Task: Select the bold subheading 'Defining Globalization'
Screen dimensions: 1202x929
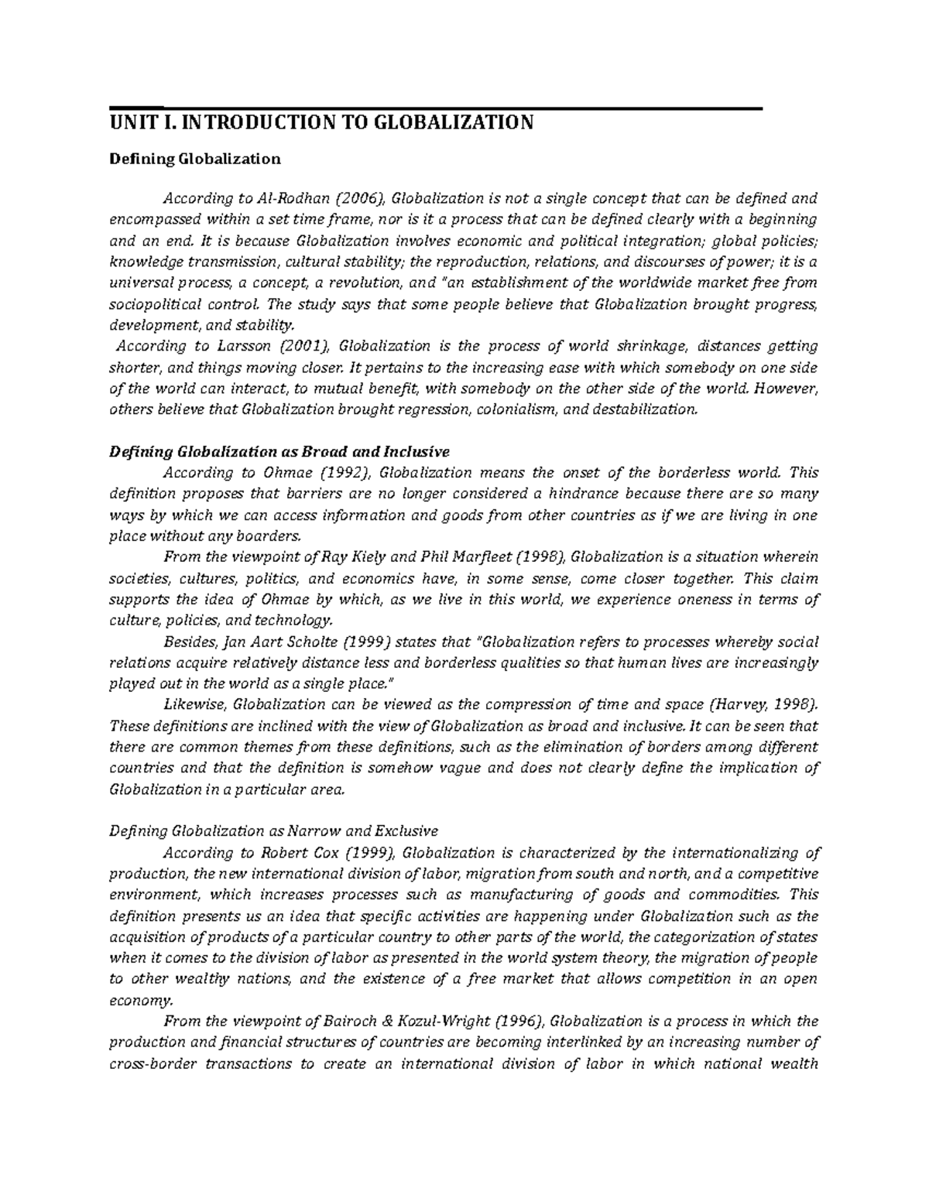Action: coord(194,159)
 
